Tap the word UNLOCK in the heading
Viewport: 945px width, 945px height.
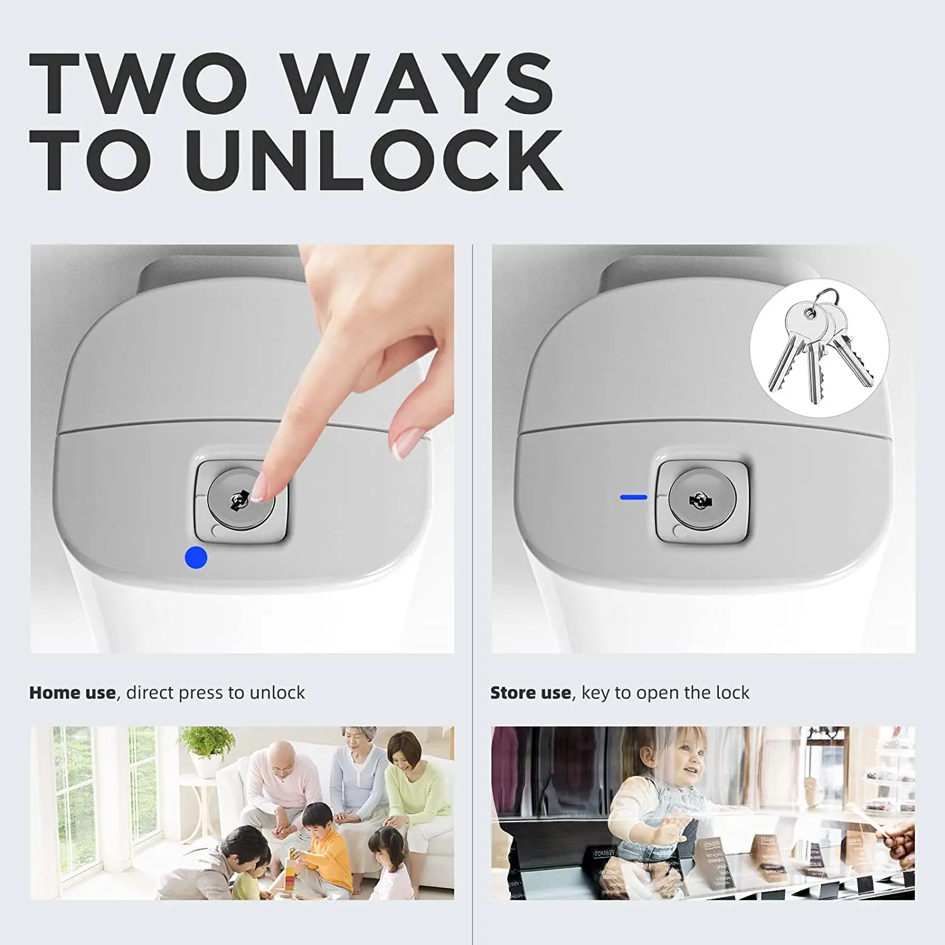[x=374, y=160]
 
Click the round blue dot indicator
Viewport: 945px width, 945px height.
[x=196, y=558]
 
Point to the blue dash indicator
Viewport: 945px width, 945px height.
[x=633, y=497]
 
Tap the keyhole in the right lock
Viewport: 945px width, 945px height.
[x=700, y=501]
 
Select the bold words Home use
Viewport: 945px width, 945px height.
[x=72, y=693]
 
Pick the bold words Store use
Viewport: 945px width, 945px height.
[x=530, y=693]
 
